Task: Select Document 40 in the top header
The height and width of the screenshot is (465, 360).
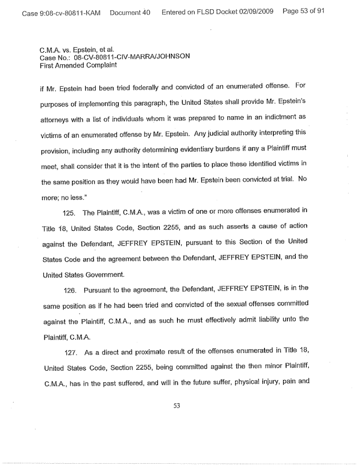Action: click(x=130, y=12)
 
